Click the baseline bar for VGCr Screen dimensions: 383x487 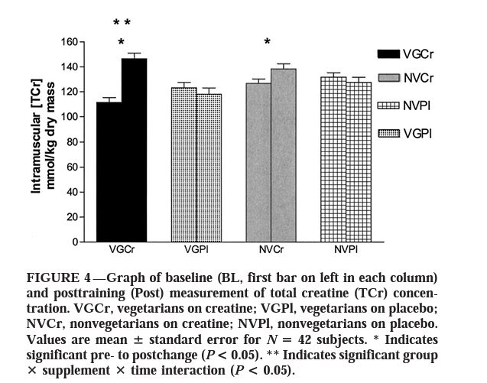click(108, 172)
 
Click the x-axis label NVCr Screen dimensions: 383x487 click(271, 251)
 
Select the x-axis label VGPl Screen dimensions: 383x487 click(196, 251)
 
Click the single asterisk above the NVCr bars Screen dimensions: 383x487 click(267, 42)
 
